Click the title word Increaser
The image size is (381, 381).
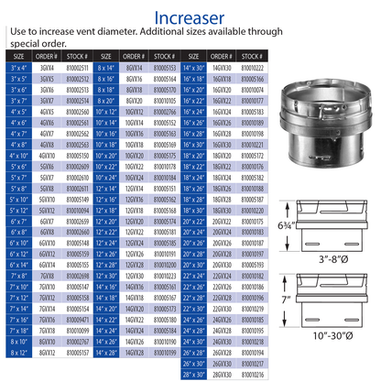[x=189, y=17]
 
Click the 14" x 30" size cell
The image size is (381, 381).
[x=193, y=68]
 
